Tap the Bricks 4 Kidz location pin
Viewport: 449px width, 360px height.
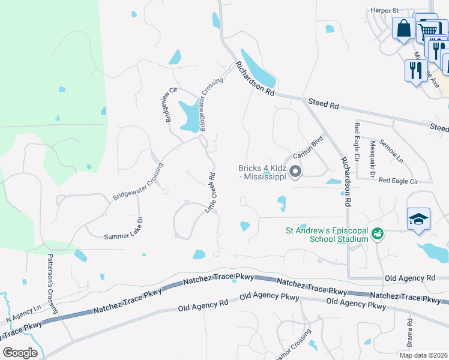[295, 172]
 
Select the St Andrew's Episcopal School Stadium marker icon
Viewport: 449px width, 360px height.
[378, 233]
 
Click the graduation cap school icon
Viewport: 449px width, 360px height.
[418, 219]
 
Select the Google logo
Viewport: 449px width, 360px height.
[20, 353]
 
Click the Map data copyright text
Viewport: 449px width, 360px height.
[423, 355]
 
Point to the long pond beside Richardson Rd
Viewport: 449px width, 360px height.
[258, 68]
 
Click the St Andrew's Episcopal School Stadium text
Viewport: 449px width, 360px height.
[327, 234]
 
